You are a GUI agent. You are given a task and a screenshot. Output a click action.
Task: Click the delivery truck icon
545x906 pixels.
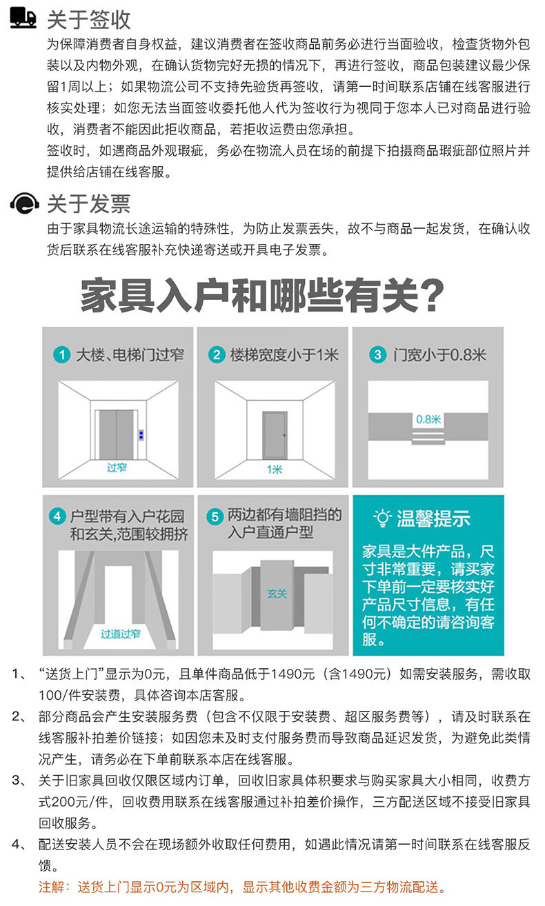coord(23,18)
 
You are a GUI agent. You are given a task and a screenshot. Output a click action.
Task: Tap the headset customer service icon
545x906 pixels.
coord(24,203)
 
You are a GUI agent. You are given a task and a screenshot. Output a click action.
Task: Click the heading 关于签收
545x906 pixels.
coord(88,20)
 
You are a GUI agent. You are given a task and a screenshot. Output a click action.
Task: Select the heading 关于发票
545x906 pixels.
coord(88,203)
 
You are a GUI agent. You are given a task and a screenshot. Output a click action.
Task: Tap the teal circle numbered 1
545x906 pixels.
coord(62,355)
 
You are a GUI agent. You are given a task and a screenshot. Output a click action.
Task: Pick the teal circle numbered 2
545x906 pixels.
coord(217,355)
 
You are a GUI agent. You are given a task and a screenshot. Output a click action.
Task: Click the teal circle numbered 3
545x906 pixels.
coord(377,355)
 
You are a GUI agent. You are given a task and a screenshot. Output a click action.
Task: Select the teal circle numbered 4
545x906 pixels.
coord(57,516)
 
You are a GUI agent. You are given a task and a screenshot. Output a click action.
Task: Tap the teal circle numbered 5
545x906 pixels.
coord(215,516)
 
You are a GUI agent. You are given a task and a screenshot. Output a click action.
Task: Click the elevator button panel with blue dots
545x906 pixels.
coord(141,435)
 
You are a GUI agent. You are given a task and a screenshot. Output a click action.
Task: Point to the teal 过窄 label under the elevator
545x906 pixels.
coord(117,467)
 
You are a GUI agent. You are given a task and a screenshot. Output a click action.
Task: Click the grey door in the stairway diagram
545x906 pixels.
coord(275,435)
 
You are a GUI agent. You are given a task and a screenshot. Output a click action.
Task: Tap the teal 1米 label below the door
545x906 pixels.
coord(275,469)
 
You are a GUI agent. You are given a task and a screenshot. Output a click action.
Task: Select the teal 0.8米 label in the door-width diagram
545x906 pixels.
coord(428,419)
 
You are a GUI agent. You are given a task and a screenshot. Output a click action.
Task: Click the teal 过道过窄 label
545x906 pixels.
coord(120,634)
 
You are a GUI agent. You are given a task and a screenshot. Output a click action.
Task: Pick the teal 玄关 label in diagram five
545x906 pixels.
coord(277,594)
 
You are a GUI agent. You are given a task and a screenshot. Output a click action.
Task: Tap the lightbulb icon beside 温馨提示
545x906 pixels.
coord(382,518)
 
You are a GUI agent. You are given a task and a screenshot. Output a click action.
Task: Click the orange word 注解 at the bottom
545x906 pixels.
coord(51,887)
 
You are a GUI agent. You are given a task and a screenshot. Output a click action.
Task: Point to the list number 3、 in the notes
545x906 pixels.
coord(19,781)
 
